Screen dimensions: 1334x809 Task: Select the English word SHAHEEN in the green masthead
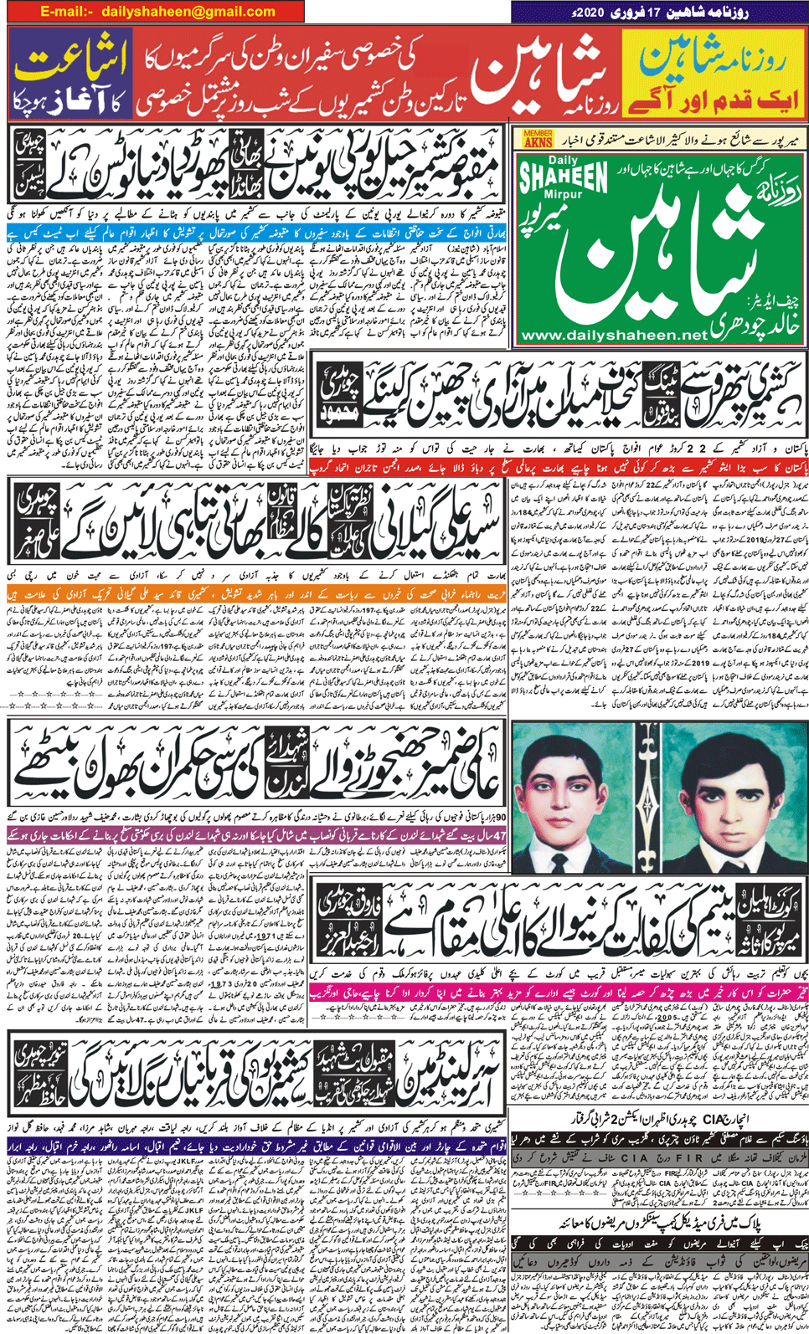(563, 177)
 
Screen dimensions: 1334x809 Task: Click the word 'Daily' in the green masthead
(564, 160)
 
